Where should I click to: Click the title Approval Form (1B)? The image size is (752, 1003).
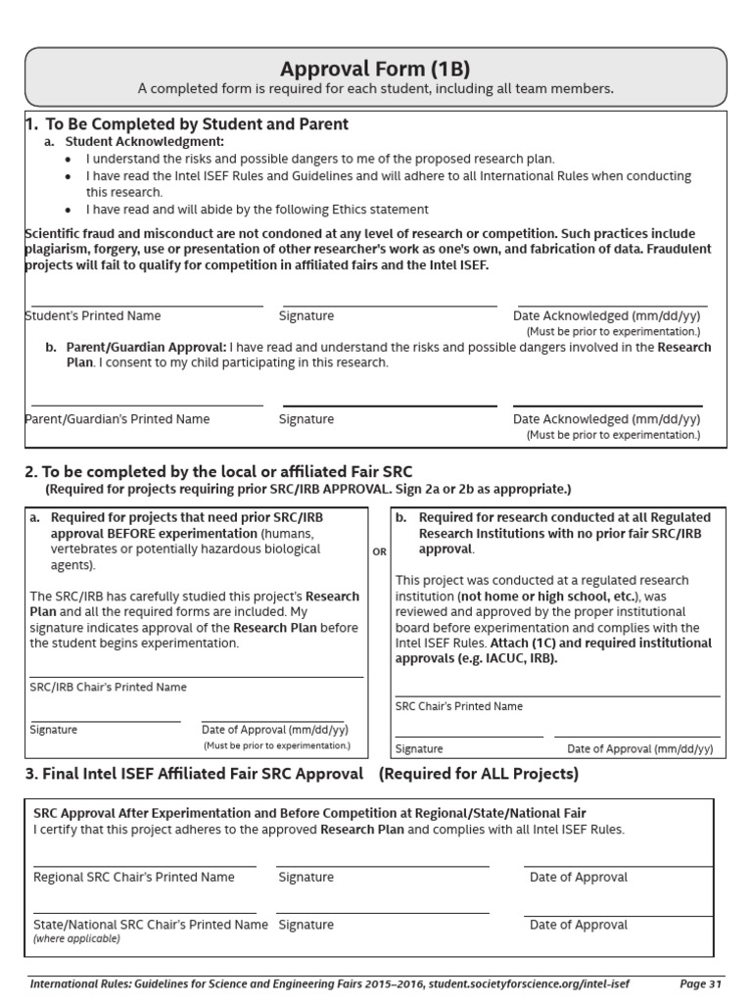(375, 69)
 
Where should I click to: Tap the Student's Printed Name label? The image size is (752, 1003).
(93, 316)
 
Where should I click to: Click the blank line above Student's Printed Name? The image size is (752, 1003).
(147, 306)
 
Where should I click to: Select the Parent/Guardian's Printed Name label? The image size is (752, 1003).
(117, 419)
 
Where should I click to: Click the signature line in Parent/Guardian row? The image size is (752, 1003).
(388, 406)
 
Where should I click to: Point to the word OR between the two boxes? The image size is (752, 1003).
(380, 552)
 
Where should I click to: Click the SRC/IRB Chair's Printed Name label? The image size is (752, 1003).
(108, 688)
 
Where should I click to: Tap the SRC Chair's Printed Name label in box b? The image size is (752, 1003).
(459, 706)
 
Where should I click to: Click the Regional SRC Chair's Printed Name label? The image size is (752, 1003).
(134, 878)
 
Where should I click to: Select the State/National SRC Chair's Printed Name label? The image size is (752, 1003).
(151, 925)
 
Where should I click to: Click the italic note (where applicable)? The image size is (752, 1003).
(76, 938)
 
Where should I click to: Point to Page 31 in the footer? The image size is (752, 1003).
(700, 983)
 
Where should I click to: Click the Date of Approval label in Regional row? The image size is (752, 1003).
(579, 878)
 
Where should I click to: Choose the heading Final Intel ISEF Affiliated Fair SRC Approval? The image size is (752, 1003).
(194, 775)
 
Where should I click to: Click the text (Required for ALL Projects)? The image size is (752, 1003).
(479, 775)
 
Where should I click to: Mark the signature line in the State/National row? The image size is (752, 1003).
(382, 913)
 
